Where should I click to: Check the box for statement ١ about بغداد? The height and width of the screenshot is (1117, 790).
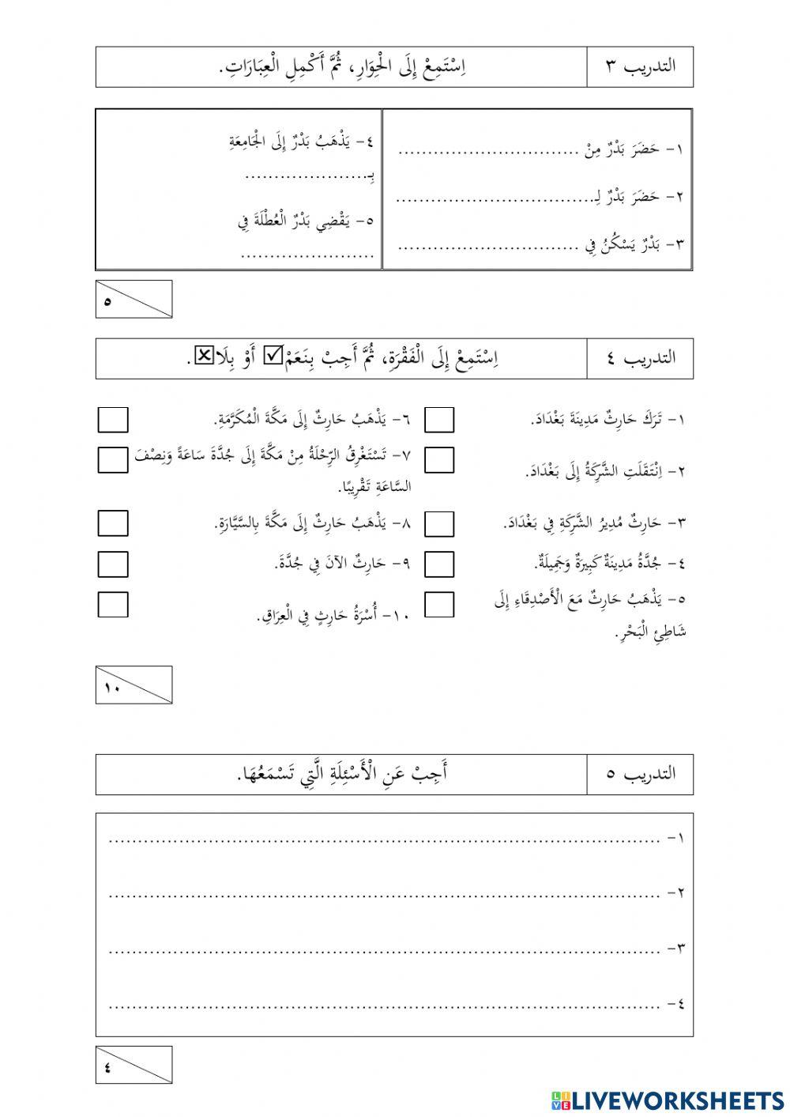point(439,420)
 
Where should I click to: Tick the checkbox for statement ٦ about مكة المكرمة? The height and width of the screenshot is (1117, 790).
point(113,420)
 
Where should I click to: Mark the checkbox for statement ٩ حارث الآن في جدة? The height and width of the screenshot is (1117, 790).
point(113,564)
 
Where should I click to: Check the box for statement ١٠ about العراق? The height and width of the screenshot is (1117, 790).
point(113,604)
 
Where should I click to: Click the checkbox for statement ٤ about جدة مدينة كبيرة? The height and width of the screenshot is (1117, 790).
point(439,564)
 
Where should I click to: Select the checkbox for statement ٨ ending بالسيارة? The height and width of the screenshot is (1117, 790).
point(113,523)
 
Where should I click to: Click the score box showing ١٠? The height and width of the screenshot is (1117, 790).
point(134,685)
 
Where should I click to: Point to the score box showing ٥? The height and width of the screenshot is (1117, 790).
point(134,299)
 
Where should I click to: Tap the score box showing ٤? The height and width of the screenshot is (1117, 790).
point(134,1065)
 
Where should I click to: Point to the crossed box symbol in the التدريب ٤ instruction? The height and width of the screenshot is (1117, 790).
point(203,357)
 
